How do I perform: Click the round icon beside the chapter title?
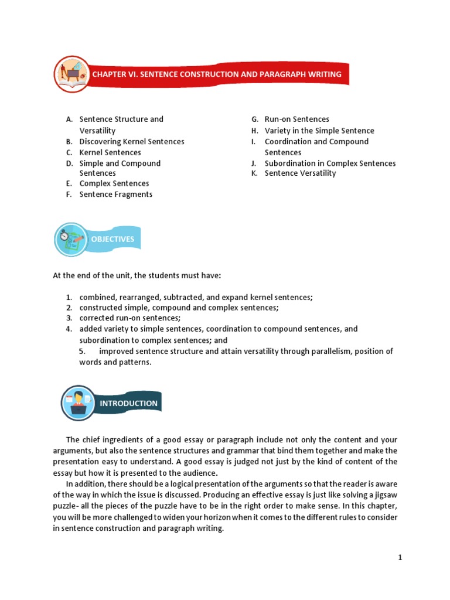click(x=72, y=74)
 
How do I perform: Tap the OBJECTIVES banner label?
click(x=112, y=239)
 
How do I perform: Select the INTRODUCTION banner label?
click(x=128, y=403)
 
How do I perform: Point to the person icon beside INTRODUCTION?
click(x=79, y=403)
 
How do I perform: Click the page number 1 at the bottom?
click(x=400, y=558)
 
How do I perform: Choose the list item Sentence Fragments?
click(x=115, y=195)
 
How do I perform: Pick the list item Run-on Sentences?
click(x=296, y=119)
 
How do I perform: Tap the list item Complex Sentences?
click(x=114, y=183)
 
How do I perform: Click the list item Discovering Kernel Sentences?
click(x=132, y=141)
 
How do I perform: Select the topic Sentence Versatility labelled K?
click(x=300, y=173)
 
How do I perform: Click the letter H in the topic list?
click(x=255, y=131)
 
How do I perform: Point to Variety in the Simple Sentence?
click(x=319, y=131)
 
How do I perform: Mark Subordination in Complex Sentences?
click(x=330, y=163)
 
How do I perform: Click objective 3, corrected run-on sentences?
click(x=129, y=318)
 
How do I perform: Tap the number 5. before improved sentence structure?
click(x=83, y=351)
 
